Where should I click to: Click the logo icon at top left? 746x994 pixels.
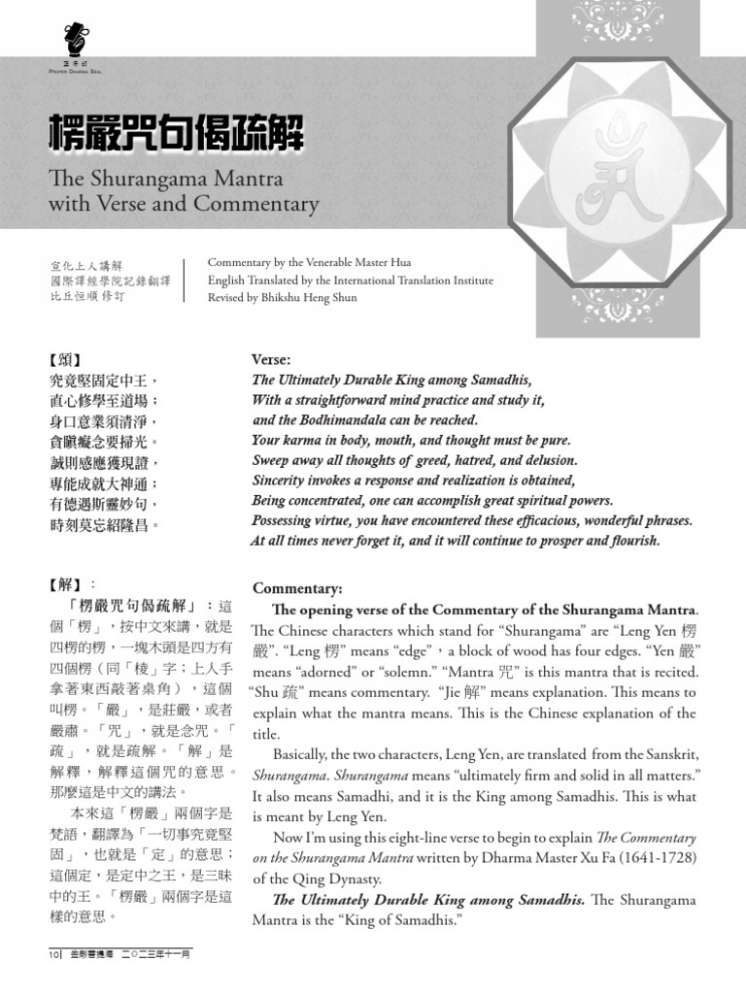point(72,40)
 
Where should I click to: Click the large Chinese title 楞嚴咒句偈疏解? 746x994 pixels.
point(176,133)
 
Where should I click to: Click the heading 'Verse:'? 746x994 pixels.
point(271,359)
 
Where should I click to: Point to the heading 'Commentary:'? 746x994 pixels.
point(297,588)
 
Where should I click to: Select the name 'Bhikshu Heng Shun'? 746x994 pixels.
point(308,298)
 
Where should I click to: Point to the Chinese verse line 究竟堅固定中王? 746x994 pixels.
point(103,380)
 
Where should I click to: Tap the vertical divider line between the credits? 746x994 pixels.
point(185,280)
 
